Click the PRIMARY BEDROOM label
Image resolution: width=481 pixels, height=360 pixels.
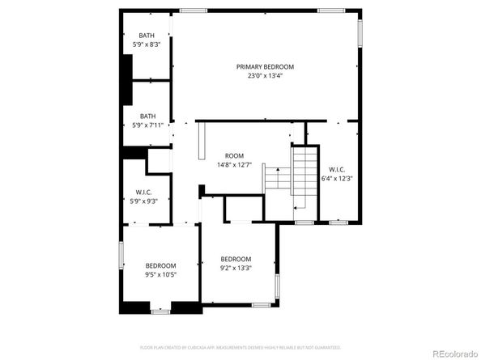point(265,66)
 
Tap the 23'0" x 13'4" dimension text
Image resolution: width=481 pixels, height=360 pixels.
point(265,76)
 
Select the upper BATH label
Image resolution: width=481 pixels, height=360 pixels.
point(147,35)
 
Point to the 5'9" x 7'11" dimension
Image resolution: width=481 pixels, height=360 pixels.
point(147,125)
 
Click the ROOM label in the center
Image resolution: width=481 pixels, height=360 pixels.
point(234,155)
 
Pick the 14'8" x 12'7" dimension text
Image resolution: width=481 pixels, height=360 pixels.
point(234,165)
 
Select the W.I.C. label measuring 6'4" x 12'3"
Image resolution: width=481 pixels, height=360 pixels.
point(337,169)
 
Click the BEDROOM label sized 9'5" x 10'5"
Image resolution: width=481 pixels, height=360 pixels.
point(160,265)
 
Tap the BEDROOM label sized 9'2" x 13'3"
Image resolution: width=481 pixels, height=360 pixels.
point(236,260)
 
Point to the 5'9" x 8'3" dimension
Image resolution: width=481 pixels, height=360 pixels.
point(147,44)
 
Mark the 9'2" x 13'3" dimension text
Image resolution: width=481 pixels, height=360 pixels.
point(236,269)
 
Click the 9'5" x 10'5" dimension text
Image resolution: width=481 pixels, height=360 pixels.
point(160,275)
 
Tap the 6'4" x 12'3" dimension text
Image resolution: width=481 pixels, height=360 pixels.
point(337,179)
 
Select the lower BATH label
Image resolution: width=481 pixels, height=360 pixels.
point(147,115)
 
